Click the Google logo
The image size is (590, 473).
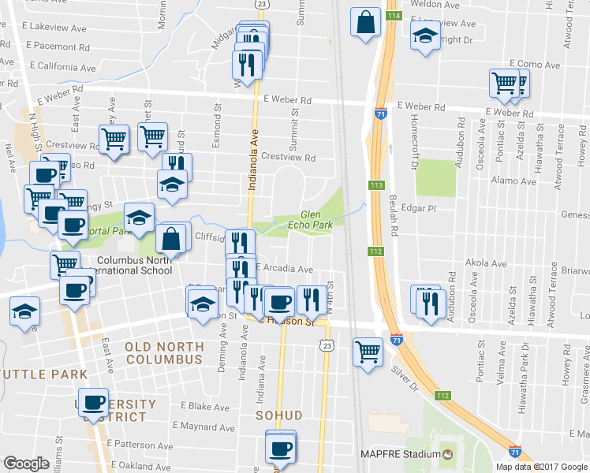pyautogui.click(x=26, y=464)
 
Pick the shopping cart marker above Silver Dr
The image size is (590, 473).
pyautogui.click(x=368, y=351)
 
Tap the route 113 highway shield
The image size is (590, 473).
pyautogui.click(x=376, y=185)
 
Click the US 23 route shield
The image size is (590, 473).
pyautogui.click(x=327, y=345)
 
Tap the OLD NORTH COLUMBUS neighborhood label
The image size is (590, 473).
pyautogui.click(x=163, y=352)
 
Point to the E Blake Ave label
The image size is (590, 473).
pyautogui.click(x=204, y=406)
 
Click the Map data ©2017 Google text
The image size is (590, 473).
pyautogui.click(x=542, y=465)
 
